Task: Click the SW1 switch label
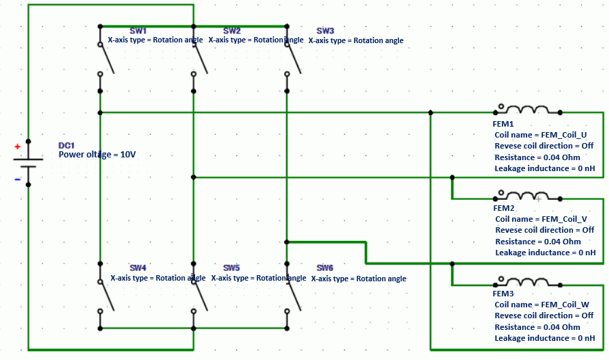tap(138, 31)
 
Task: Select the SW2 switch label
tap(231, 31)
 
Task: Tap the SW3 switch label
tap(325, 31)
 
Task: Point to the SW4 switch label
tap(138, 268)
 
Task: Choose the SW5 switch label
tap(231, 268)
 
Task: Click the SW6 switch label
tap(325, 268)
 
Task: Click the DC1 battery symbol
tap(28, 163)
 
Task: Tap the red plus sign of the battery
tap(18, 146)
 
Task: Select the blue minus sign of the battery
tap(18, 179)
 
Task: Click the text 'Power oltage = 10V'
tap(97, 155)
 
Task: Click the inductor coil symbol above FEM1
tap(526, 110)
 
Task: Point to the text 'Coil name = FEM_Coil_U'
tap(541, 135)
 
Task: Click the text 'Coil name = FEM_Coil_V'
tap(541, 219)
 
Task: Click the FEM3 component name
tap(503, 293)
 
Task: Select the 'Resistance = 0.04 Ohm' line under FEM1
tap(537, 157)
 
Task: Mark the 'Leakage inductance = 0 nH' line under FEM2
tap(545, 253)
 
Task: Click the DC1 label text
tap(66, 145)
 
